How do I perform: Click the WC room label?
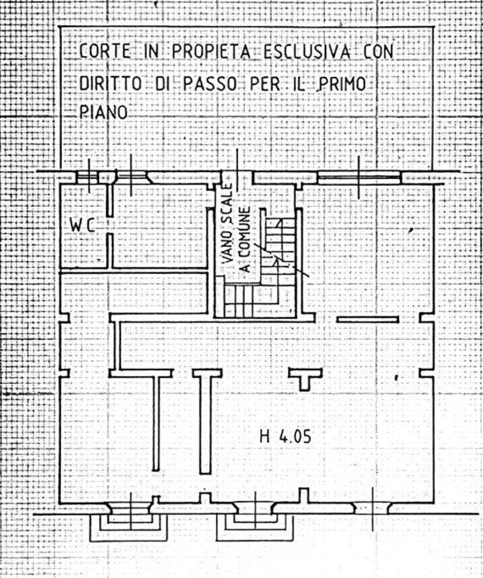(82, 225)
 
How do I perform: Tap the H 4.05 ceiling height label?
(286, 437)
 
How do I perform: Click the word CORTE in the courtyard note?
(105, 52)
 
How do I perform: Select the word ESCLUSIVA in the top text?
(307, 52)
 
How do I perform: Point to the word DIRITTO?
(110, 84)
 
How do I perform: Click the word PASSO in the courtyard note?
(210, 84)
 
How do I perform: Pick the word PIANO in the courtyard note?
(103, 112)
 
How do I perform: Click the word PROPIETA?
(211, 52)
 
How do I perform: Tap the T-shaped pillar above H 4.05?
(305, 378)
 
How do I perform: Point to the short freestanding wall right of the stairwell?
(368, 320)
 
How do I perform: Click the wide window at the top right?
(359, 178)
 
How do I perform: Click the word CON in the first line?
(379, 52)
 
